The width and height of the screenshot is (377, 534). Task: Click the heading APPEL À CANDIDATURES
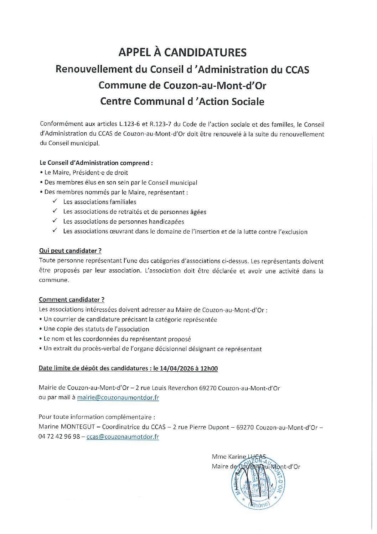(182, 52)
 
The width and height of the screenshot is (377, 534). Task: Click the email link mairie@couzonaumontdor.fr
(118, 397)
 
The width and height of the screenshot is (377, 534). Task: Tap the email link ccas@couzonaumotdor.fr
(123, 437)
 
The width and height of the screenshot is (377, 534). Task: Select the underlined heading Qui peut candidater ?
(70, 251)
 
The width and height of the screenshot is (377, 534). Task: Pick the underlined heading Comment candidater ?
(72, 300)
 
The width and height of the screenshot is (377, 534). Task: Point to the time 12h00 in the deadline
(209, 368)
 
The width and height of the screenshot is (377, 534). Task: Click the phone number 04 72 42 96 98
(59, 437)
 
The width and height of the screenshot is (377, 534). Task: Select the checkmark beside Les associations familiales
(55, 202)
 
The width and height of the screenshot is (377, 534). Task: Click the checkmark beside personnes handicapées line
(55, 221)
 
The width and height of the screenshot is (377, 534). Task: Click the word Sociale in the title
(248, 101)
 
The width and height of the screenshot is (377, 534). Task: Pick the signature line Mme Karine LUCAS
(238, 457)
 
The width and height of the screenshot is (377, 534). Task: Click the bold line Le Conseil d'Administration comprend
(96, 163)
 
